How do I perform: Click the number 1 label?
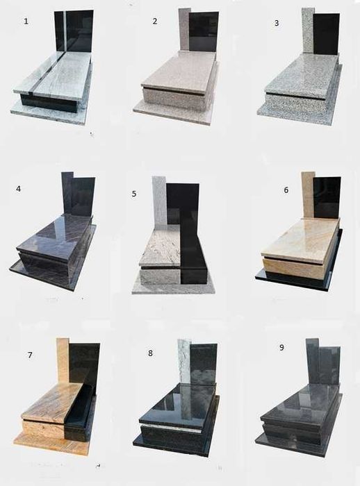[26, 21]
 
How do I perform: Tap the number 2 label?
[155, 21]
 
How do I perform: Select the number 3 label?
[277, 23]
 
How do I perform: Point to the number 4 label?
[19, 188]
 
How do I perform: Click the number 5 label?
[134, 194]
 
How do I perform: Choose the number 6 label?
[286, 190]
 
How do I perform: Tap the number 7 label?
[30, 355]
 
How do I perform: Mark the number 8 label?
[151, 353]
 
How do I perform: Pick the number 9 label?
[281, 347]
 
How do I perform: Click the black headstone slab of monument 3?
[326, 34]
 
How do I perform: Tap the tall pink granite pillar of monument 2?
[183, 29]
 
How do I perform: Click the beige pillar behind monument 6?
[308, 194]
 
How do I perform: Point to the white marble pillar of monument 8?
[184, 362]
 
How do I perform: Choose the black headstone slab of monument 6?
[327, 197]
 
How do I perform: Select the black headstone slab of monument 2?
[204, 31]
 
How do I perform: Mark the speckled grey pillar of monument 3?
[308, 31]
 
